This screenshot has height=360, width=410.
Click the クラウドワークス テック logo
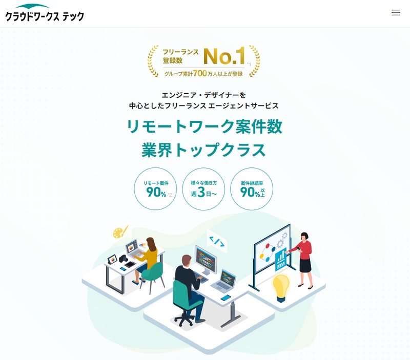45,13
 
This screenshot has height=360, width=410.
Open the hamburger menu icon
396,12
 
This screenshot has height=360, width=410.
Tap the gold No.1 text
224,56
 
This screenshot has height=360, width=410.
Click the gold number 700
200,73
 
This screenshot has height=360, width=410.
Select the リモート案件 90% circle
155,188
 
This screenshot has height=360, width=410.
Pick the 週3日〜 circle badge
203,188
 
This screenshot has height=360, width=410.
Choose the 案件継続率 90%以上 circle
252,188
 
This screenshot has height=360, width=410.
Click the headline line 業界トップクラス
203,150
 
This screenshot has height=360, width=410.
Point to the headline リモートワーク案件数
204,126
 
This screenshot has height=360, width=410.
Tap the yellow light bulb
281,287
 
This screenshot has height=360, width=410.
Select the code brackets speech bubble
217,241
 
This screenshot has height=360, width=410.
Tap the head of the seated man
186,261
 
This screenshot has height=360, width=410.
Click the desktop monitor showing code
206,260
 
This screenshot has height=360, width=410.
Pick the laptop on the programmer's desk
224,281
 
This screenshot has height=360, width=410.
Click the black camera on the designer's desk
123,259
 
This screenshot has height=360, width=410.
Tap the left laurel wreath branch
153,61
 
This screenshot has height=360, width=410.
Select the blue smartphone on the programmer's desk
225,298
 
